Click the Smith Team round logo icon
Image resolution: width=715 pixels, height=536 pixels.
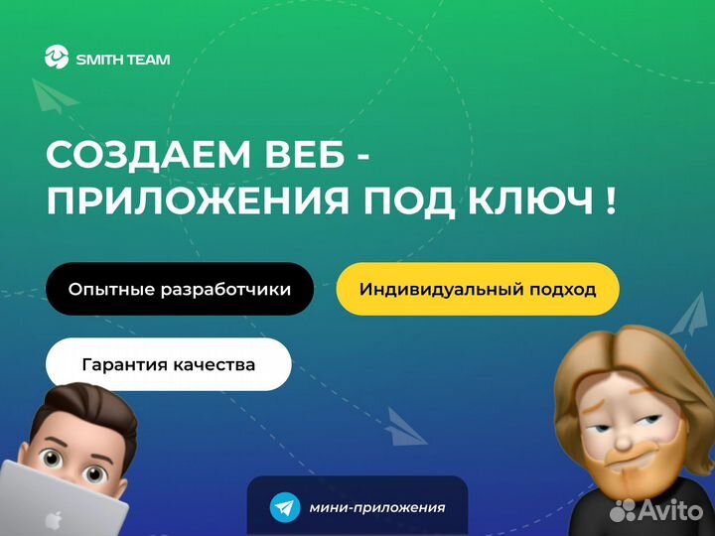tap(57, 57)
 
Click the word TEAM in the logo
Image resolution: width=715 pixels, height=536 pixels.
tap(147, 60)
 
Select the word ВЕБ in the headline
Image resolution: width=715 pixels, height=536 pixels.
tap(305, 155)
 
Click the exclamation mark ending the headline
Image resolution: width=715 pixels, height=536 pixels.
tap(611, 201)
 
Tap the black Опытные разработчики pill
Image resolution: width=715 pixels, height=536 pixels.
tap(180, 289)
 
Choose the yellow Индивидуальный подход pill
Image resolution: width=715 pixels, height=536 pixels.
tap(478, 289)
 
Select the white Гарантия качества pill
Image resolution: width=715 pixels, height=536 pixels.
tap(168, 364)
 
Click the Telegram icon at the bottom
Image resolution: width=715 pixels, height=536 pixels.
tap(285, 507)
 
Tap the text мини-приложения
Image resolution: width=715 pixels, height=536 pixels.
tap(377, 507)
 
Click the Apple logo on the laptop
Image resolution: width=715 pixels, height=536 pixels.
tap(54, 520)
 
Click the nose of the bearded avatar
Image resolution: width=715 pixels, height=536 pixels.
tap(623, 439)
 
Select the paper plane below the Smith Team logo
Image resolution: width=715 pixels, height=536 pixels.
tap(54, 95)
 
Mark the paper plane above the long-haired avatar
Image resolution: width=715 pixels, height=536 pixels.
tap(690, 314)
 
